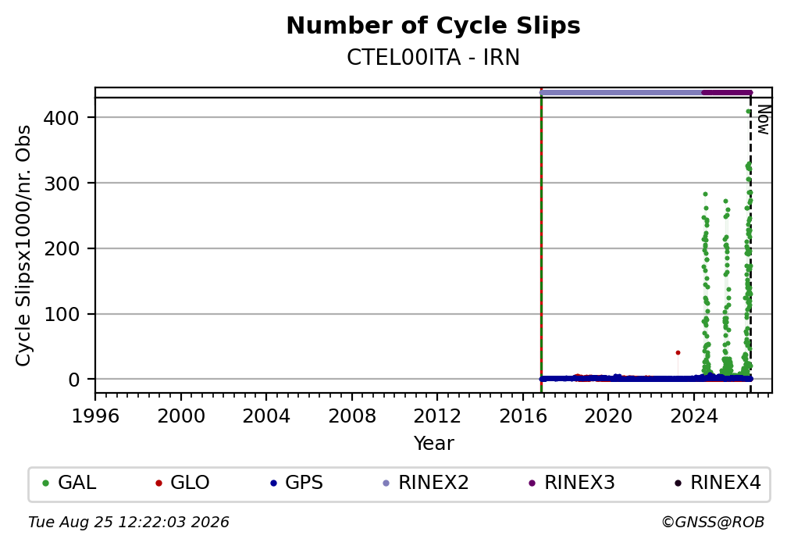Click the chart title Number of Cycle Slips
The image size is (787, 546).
pyautogui.click(x=433, y=26)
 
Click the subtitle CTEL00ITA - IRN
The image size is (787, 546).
pyautogui.click(x=433, y=58)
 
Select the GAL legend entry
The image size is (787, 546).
pyautogui.click(x=69, y=483)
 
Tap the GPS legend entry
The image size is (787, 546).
pyautogui.click(x=297, y=483)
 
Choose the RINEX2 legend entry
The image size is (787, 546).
pyautogui.click(x=426, y=483)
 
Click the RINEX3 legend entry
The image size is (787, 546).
pyautogui.click(x=572, y=483)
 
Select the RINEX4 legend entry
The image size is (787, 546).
pyautogui.click(x=718, y=483)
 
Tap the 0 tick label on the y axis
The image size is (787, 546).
pyautogui.click(x=74, y=380)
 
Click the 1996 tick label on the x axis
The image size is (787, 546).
pyautogui.click(x=95, y=416)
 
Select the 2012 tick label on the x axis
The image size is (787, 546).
pyautogui.click(x=437, y=416)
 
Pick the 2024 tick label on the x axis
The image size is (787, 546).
pyautogui.click(x=693, y=416)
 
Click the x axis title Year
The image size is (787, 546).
pyautogui.click(x=433, y=444)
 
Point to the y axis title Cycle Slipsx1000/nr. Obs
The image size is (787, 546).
pyautogui.click(x=23, y=245)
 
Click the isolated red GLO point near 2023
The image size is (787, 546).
pyautogui.click(x=678, y=352)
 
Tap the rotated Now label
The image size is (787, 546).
pyautogui.click(x=763, y=120)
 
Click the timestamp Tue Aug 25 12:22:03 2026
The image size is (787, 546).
pyautogui.click(x=129, y=523)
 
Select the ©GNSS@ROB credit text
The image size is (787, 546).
pyautogui.click(x=713, y=523)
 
